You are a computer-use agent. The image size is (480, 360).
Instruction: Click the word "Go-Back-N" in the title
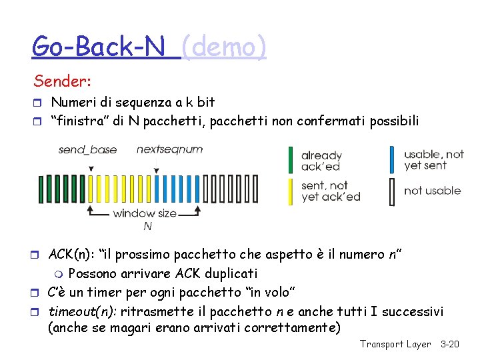pos(105,47)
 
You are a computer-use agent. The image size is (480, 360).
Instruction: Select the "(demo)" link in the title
pos(224,47)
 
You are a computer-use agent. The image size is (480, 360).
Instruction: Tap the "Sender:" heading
pos(63,82)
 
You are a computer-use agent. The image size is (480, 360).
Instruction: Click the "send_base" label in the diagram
pos(87,149)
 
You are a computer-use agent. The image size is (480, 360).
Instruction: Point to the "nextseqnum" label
pos(169,149)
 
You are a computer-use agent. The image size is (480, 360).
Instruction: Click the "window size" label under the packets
pos(145,213)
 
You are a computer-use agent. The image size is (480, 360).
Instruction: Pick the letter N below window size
pos(148,226)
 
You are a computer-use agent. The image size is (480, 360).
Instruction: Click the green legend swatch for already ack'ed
pos(290,160)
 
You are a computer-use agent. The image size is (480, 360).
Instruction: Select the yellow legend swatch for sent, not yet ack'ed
pos(290,191)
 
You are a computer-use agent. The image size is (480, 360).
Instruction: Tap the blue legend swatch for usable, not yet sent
pos(392,160)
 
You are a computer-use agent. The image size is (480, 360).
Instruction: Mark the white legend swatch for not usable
pos(392,191)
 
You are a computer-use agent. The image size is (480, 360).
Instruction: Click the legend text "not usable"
pos(432,191)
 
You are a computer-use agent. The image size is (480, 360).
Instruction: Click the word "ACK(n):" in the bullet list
pos(72,255)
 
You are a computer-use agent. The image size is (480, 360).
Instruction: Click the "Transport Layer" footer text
pos(395,344)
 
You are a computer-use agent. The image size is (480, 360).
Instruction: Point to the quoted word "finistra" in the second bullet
pos(77,121)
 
